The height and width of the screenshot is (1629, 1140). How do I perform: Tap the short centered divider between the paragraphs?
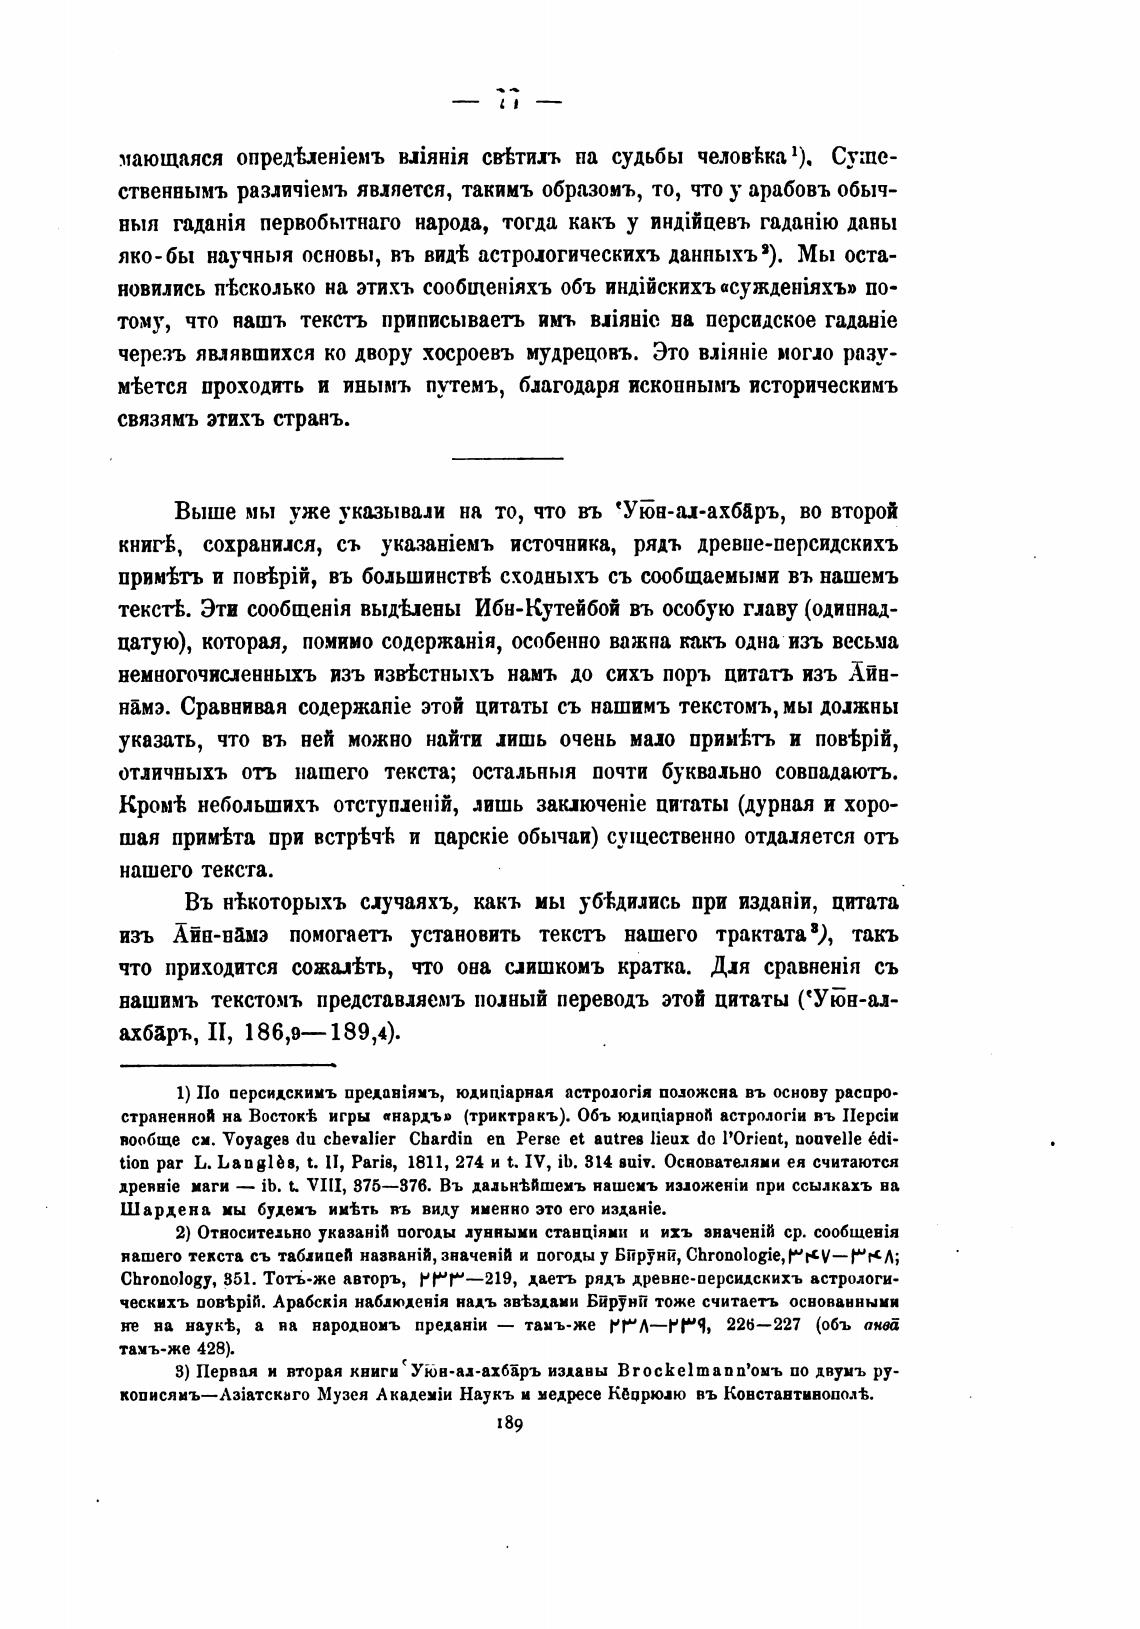click(508, 458)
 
